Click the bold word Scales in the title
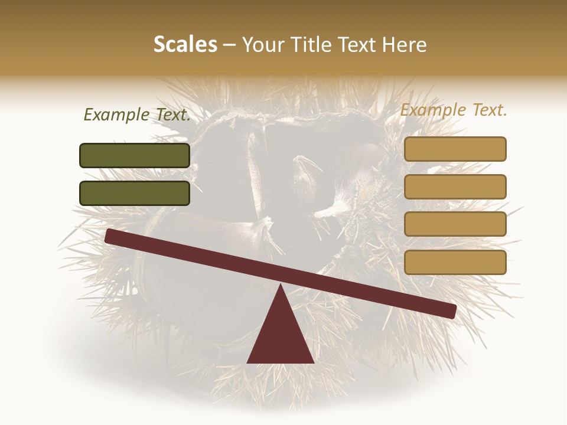[185, 44]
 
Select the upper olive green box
[135, 155]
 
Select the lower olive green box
[135, 193]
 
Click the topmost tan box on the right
[455, 149]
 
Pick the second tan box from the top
[455, 187]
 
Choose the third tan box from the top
[455, 224]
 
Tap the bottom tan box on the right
[455, 262]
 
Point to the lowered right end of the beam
[450, 310]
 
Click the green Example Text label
[137, 115]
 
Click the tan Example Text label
[454, 110]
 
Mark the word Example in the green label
[117, 115]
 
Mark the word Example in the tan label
[433, 110]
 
